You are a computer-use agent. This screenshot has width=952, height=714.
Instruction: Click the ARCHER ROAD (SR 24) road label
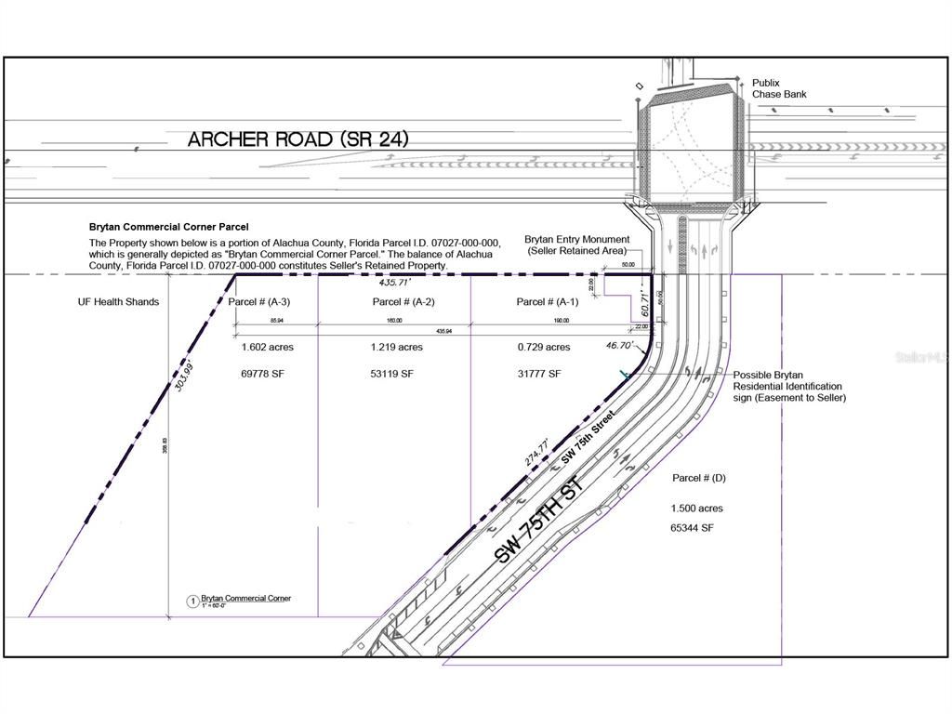(297, 139)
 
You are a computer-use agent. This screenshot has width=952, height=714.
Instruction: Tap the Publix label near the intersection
(766, 83)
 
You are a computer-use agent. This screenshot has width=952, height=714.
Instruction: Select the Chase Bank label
(779, 95)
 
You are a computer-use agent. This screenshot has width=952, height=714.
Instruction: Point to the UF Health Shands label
(118, 302)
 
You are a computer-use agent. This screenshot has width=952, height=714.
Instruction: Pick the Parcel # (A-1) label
(547, 302)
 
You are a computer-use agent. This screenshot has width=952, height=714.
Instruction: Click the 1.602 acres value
(267, 347)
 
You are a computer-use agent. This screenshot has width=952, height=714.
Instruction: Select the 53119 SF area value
(396, 374)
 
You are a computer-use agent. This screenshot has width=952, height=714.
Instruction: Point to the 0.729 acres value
(544, 347)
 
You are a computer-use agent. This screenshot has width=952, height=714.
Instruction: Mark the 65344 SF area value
(692, 528)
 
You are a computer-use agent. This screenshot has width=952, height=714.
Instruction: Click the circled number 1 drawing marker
(192, 602)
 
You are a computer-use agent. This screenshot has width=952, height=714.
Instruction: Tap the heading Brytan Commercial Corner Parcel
(168, 226)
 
